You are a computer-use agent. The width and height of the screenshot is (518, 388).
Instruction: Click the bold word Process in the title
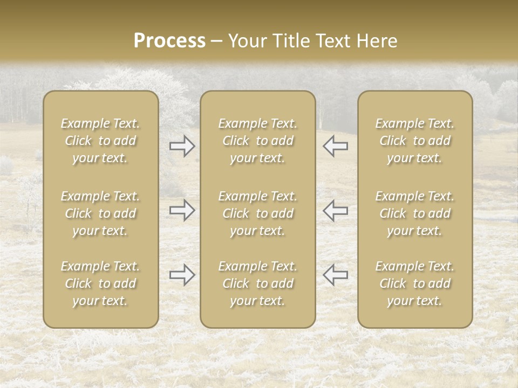coord(169,41)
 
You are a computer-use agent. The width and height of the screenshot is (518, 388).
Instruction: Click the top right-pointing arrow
coord(182,146)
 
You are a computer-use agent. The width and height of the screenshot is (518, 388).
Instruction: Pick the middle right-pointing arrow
coord(182,210)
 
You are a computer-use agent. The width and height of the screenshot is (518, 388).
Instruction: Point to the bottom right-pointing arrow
coord(182,275)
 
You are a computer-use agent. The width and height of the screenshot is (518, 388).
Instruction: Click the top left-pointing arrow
coord(335,146)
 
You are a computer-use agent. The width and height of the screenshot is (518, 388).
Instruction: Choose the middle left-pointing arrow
coord(335,210)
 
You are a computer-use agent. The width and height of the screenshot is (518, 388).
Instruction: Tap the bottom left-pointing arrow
coord(335,275)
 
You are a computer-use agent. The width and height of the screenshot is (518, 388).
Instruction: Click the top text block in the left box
coord(100,141)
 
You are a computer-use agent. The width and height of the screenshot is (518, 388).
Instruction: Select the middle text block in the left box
coord(100,213)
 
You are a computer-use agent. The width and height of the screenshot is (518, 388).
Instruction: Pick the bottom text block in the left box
coord(100,283)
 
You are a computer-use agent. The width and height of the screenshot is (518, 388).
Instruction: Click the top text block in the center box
coord(257,141)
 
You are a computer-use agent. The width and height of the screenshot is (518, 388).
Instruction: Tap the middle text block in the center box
coord(257,213)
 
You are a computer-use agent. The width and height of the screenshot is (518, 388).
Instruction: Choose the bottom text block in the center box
coord(257,283)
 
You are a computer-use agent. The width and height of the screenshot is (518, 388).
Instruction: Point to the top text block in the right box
coord(415,141)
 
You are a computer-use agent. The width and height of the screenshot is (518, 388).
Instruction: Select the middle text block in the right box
coord(415,213)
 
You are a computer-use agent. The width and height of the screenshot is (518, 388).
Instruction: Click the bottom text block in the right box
coord(415,283)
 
